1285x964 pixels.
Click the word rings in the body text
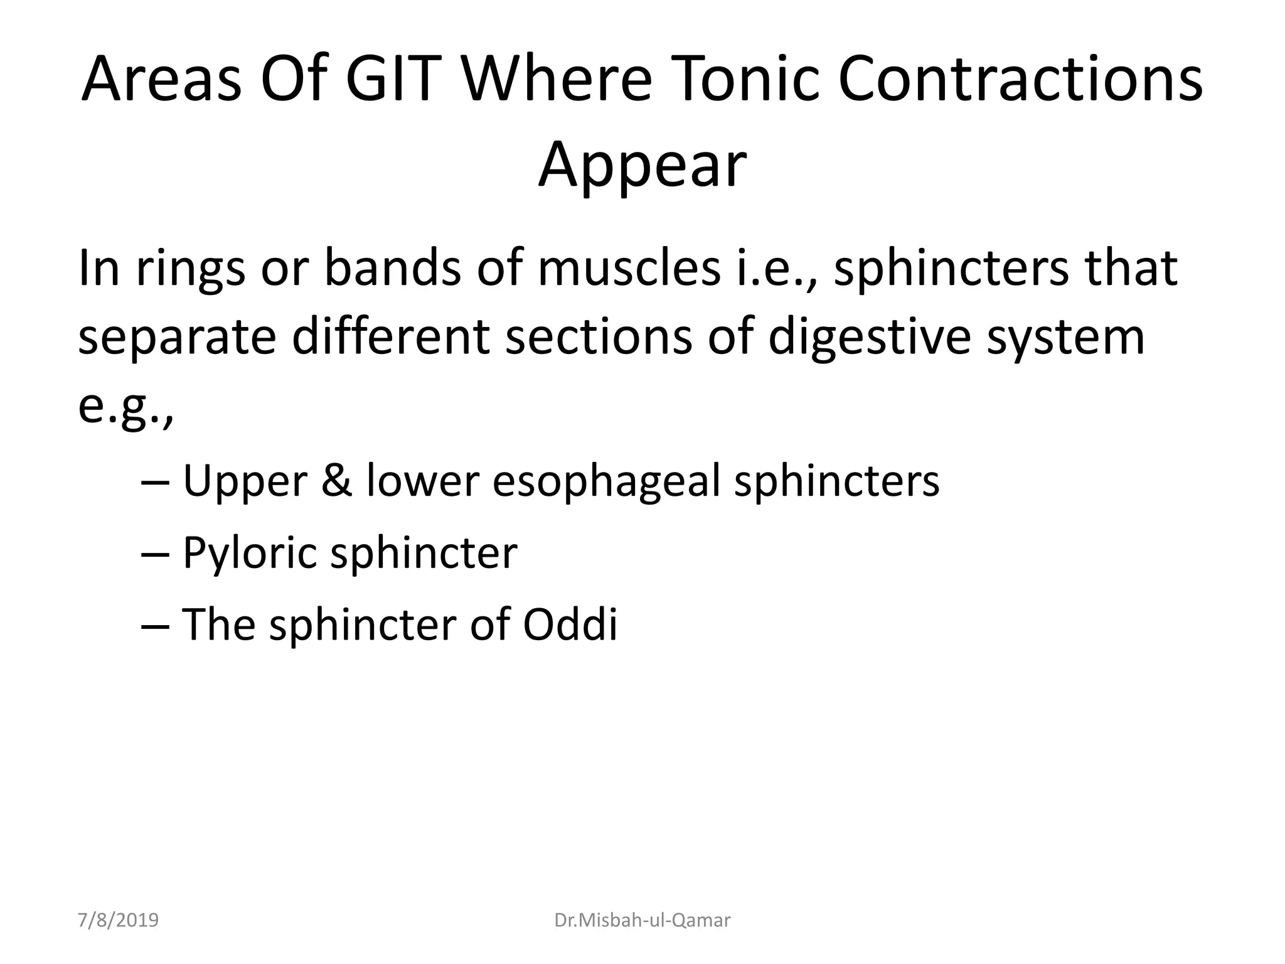tap(190, 269)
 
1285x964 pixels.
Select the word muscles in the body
tap(628, 269)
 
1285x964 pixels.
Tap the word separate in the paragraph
tap(177, 338)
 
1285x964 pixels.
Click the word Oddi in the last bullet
tap(570, 625)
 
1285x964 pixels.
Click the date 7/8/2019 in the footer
tap(119, 920)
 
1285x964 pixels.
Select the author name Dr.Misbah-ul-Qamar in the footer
tap(642, 920)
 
